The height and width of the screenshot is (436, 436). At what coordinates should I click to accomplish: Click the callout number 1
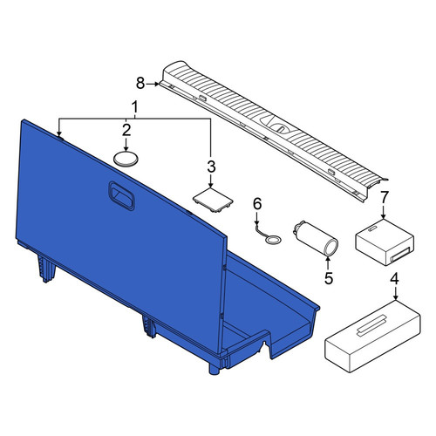coord(134,107)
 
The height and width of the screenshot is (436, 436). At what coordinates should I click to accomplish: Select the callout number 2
coord(126,130)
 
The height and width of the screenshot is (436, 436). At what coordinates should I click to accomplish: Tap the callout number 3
coord(211,167)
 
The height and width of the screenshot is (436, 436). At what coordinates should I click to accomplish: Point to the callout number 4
coord(394,279)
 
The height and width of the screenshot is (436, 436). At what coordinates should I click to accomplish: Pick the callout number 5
coord(328,278)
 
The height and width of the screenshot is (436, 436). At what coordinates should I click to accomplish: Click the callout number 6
coord(257,203)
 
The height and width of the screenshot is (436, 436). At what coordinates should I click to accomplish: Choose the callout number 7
coord(384,197)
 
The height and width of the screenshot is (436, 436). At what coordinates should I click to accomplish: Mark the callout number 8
coord(140,84)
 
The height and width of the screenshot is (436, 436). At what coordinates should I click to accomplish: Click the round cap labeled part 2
coord(126,159)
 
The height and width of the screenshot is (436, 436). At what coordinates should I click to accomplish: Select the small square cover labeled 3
coord(213,200)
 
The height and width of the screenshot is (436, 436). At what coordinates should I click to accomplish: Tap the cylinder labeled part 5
coord(316,239)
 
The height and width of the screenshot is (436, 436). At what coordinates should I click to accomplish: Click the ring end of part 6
coord(274,241)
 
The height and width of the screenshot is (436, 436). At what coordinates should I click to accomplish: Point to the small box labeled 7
coord(385,242)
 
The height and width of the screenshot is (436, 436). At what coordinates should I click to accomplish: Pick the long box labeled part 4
coord(372,337)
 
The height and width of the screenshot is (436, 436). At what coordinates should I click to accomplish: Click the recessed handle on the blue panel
coord(121,195)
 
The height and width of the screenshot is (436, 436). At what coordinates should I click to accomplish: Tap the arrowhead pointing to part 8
coord(157,84)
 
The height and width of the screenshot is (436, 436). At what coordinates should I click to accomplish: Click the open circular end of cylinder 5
coord(331,248)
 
